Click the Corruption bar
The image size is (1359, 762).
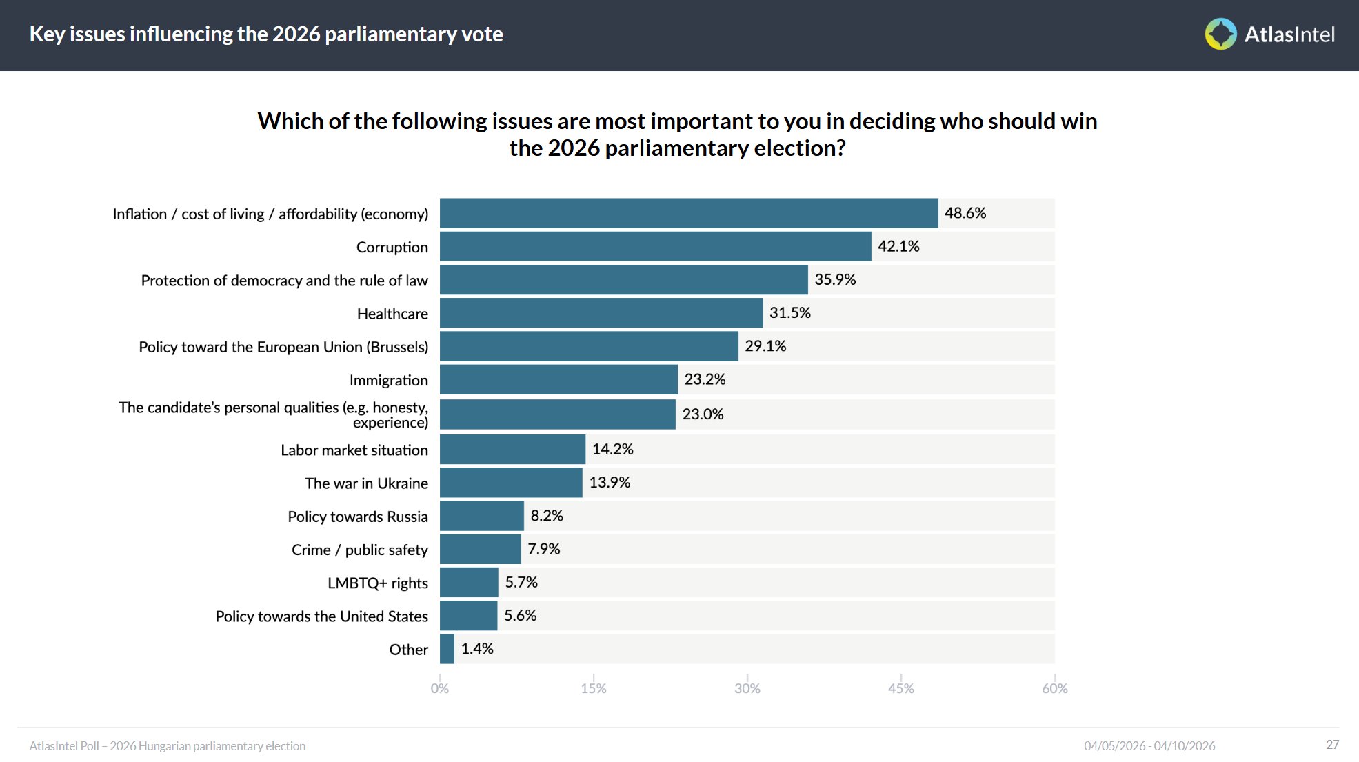pyautogui.click(x=655, y=247)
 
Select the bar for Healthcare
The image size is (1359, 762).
pyautogui.click(x=601, y=313)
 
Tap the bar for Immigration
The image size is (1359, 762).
pyautogui.click(x=558, y=379)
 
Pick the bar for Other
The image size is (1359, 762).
pyautogui.click(x=447, y=649)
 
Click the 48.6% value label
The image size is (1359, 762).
pyautogui.click(x=965, y=213)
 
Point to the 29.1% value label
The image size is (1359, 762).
pyautogui.click(x=765, y=346)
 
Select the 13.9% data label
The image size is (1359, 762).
pyautogui.click(x=610, y=483)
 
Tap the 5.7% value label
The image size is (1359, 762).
pyautogui.click(x=521, y=583)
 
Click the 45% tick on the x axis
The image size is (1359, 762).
pyautogui.click(x=900, y=688)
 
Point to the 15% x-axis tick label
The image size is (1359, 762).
pyautogui.click(x=593, y=688)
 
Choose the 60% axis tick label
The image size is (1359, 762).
pyautogui.click(x=1054, y=688)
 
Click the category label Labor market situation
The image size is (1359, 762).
pyautogui.click(x=354, y=450)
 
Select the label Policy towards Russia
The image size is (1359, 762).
pyautogui.click(x=357, y=517)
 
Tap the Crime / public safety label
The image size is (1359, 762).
pyautogui.click(x=359, y=550)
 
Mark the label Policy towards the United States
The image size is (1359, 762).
pyautogui.click(x=321, y=616)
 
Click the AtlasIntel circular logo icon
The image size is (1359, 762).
pyautogui.click(x=1220, y=34)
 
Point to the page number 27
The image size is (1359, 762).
pyautogui.click(x=1332, y=745)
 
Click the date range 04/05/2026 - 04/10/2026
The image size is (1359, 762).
pyautogui.click(x=1149, y=746)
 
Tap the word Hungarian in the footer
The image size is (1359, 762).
pyautogui.click(x=165, y=746)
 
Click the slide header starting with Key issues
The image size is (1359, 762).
pyautogui.click(x=266, y=34)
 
